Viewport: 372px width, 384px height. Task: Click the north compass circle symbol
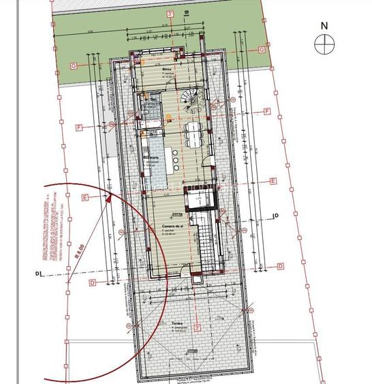click(x=324, y=44)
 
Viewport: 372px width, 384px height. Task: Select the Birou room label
click(x=166, y=70)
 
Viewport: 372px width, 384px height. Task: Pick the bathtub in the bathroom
click(x=151, y=123)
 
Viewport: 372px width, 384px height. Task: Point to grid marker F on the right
click(x=268, y=111)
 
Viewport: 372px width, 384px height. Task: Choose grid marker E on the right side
click(x=273, y=181)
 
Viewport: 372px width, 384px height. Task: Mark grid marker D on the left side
click(x=91, y=282)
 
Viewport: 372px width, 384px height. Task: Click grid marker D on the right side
click(x=285, y=264)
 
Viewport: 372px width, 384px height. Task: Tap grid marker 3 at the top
click(x=169, y=13)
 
